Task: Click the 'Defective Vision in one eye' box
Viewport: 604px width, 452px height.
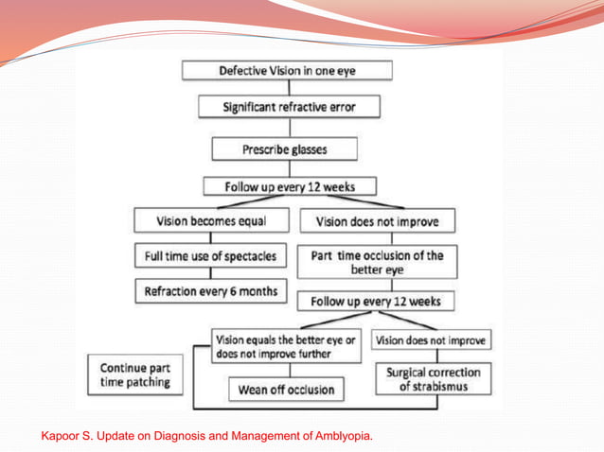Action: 287,71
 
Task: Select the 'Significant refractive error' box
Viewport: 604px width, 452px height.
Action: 289,107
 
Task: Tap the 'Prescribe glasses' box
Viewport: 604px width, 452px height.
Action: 285,148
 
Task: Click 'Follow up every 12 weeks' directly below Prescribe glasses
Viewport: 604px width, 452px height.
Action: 290,185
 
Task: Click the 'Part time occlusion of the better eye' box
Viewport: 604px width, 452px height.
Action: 377,262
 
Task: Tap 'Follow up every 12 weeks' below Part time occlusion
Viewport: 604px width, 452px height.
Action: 376,303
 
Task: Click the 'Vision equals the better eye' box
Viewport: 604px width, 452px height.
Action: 286,347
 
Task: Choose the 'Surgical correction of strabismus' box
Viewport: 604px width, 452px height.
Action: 434,379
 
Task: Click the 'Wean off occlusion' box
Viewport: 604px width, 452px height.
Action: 285,390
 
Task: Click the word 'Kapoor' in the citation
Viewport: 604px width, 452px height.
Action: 61,436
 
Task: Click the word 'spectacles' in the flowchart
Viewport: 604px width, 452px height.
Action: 248,257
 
